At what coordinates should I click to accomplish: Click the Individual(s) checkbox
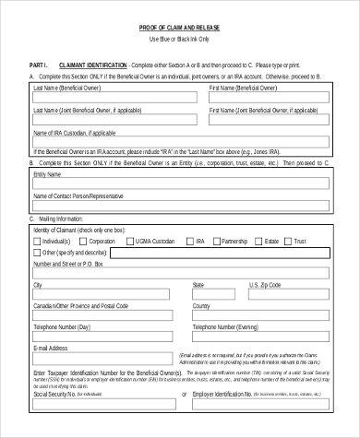click(x=36, y=241)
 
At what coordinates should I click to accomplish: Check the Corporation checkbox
click(x=82, y=241)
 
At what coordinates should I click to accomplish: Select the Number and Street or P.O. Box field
click(x=178, y=274)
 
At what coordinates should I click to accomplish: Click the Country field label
click(x=201, y=305)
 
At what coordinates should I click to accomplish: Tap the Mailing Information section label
click(x=64, y=220)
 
